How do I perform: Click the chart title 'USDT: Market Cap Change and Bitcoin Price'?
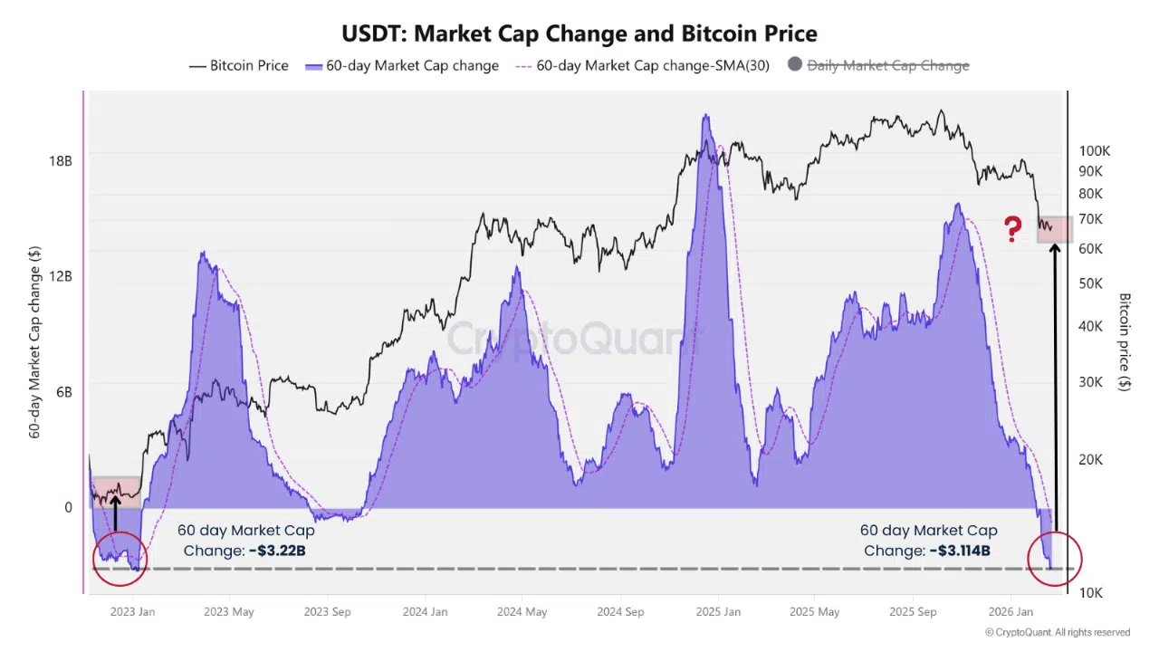click(579, 34)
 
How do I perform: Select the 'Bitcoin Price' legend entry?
click(239, 65)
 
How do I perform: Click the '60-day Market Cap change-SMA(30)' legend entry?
click(642, 65)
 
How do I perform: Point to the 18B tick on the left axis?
click(60, 161)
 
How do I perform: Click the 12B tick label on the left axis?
click(60, 276)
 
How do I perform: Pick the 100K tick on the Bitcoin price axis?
click(1095, 151)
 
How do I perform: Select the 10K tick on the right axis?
click(1090, 592)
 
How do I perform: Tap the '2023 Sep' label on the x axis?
click(328, 612)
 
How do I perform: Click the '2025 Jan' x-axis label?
click(717, 612)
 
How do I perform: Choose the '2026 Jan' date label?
click(1010, 612)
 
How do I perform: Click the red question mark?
click(1013, 229)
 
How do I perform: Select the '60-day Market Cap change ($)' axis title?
click(35, 342)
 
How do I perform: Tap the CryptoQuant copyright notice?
click(1057, 632)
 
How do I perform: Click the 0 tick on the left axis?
click(67, 508)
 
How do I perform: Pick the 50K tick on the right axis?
click(1090, 283)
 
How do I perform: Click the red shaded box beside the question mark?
click(1054, 229)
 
